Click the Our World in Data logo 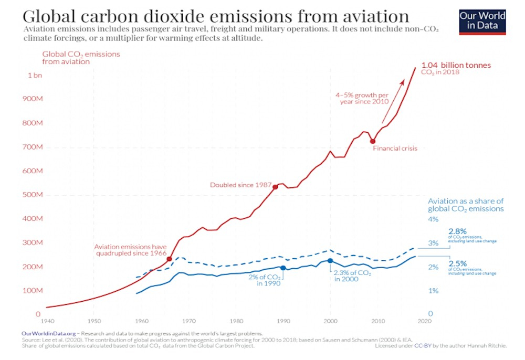coord(482,21)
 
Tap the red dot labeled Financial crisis coord(372,141)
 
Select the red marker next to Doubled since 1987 coord(275,187)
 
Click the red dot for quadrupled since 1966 coord(169,259)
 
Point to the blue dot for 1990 coord(283,268)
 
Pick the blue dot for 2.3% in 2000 coord(330,260)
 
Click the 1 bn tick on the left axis coord(35,75)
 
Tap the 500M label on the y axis coord(34,195)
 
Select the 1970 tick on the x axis coord(189,320)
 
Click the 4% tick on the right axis coord(433,219)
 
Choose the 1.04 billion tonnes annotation coord(456,66)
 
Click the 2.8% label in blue coord(457,230)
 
